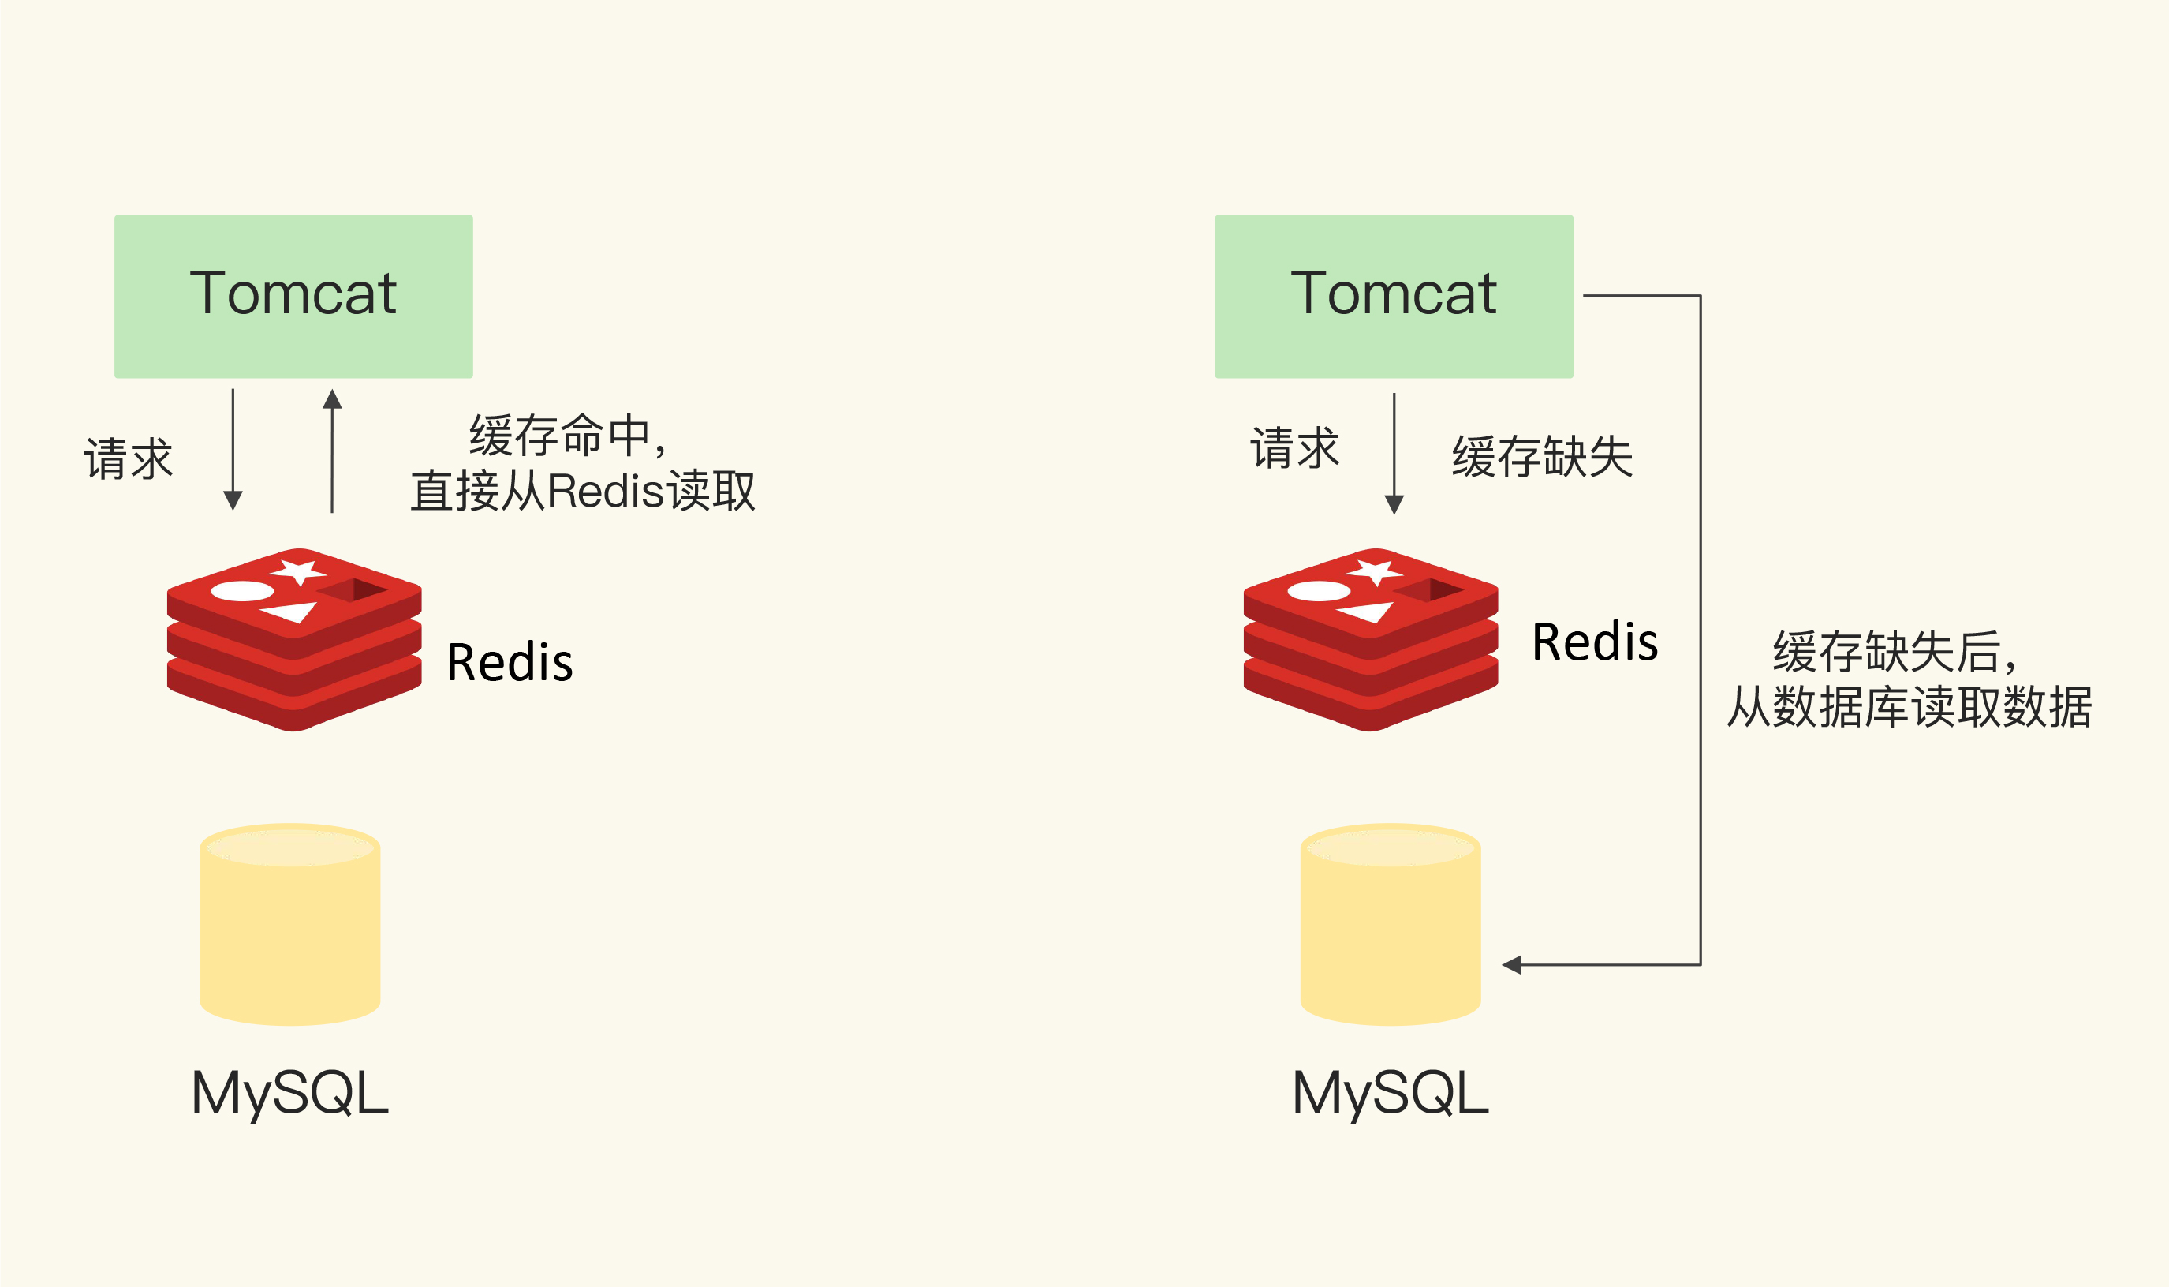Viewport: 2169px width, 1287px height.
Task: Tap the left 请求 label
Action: [x=129, y=458]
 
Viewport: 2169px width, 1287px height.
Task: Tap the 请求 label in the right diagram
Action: [x=1294, y=447]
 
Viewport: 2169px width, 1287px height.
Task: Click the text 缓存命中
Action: [x=559, y=436]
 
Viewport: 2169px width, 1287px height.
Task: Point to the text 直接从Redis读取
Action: [x=583, y=491]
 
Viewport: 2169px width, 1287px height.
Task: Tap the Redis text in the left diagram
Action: [x=509, y=663]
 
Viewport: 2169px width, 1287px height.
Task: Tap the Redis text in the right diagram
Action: [x=1594, y=642]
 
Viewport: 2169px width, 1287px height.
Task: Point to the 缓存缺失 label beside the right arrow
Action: [x=1541, y=457]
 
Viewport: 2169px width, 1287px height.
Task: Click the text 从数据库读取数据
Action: [x=1909, y=707]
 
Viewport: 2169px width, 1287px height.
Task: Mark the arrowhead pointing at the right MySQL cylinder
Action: [x=1511, y=964]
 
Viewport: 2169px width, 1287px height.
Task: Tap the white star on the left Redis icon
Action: [x=299, y=571]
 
